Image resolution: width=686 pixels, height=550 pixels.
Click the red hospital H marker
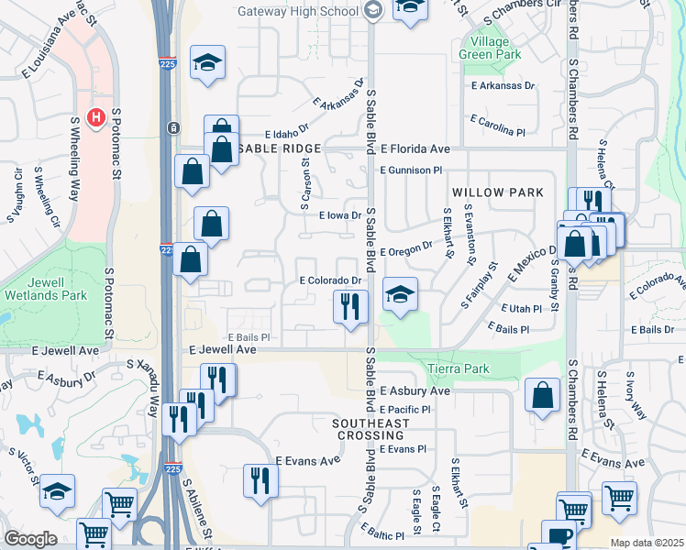click(x=94, y=118)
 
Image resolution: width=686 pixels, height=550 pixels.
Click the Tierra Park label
click(x=459, y=368)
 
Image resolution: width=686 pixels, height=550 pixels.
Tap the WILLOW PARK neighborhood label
click(x=497, y=192)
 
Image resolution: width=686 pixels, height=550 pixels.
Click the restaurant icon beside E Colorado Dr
click(x=349, y=306)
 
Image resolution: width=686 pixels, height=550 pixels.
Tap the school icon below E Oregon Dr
click(x=399, y=295)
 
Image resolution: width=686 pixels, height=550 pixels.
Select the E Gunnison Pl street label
click(x=411, y=170)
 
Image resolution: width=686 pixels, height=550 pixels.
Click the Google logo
click(x=29, y=539)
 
